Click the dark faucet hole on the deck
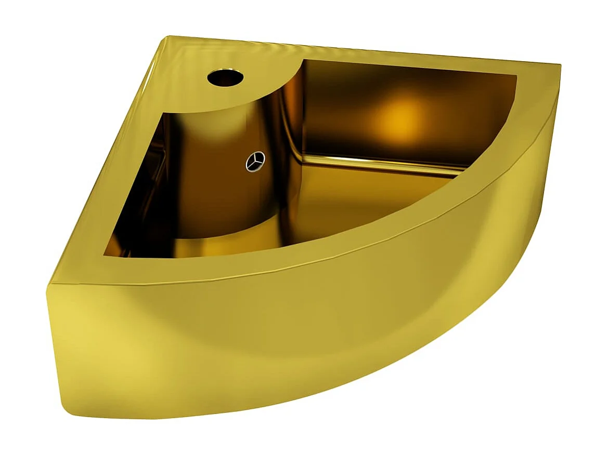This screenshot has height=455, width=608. pyautogui.click(x=225, y=78)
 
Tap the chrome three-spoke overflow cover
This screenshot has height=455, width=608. pyautogui.click(x=255, y=162)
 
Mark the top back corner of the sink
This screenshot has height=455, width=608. pyautogui.click(x=171, y=37)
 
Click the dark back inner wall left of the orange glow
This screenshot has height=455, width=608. pyautogui.click(x=333, y=104)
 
